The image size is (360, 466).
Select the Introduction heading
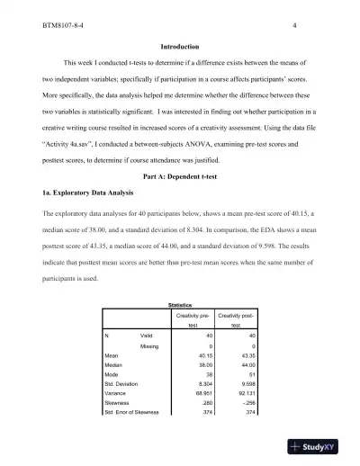pyautogui.click(x=179, y=46)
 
